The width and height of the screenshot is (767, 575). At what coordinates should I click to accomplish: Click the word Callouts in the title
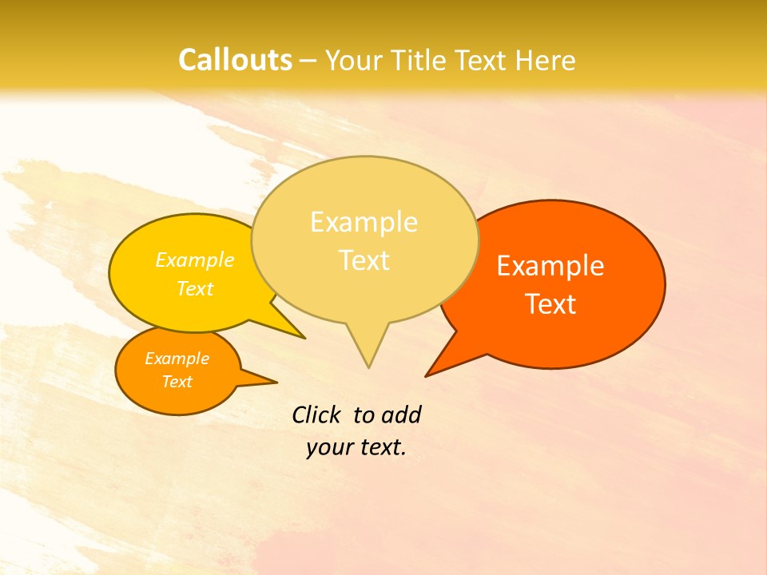(x=235, y=60)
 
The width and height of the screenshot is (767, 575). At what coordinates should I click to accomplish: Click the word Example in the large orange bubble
(x=550, y=266)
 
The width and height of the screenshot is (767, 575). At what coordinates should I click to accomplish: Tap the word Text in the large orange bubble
(x=550, y=304)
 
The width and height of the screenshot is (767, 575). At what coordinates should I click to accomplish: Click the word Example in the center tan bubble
(x=364, y=222)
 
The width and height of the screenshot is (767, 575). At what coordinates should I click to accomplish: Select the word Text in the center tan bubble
(x=364, y=260)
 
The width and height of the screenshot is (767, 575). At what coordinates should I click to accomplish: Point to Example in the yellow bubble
(x=195, y=260)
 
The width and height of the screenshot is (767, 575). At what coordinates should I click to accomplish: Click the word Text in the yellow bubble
(x=195, y=288)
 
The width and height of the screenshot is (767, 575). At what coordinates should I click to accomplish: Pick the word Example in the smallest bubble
(x=177, y=359)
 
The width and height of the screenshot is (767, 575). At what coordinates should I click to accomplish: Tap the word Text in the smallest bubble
(x=177, y=382)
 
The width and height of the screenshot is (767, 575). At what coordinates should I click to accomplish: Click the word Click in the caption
(x=316, y=414)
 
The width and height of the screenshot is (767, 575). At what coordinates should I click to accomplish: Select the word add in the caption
(x=401, y=414)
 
